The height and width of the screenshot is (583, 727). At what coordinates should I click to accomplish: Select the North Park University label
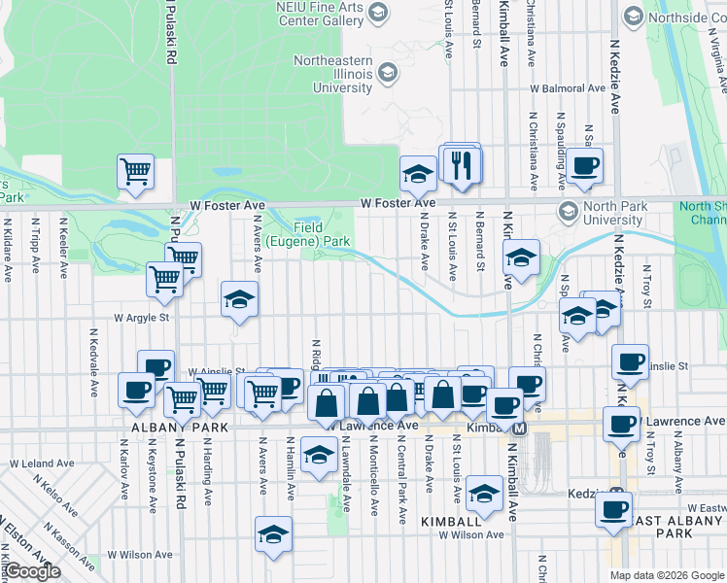[611, 212]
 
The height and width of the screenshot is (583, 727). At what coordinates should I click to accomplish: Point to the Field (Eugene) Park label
[308, 233]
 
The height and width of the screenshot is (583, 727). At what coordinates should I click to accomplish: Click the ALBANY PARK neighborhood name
[174, 428]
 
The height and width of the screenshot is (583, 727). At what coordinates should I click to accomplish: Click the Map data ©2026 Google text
[667, 575]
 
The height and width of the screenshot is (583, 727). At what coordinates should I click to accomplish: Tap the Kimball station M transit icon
[519, 429]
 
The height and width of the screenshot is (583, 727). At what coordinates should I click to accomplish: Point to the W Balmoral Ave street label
[571, 87]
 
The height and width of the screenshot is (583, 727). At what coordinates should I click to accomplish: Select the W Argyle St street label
[142, 318]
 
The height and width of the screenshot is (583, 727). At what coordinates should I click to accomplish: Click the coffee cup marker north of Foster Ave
[584, 165]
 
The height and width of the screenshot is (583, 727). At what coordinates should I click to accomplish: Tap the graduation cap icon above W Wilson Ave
[273, 534]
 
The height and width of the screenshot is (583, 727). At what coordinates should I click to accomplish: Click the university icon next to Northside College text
[634, 17]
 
